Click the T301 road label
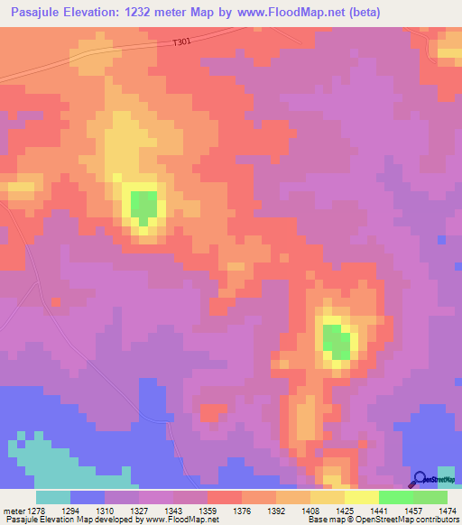tap(182, 42)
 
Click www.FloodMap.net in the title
tap(289, 13)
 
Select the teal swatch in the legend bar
tap(53, 497)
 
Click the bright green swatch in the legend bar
tap(396, 497)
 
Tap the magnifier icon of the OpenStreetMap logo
tap(420, 480)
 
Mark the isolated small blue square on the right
tap(442, 240)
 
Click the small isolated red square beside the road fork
tap(56, 301)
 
